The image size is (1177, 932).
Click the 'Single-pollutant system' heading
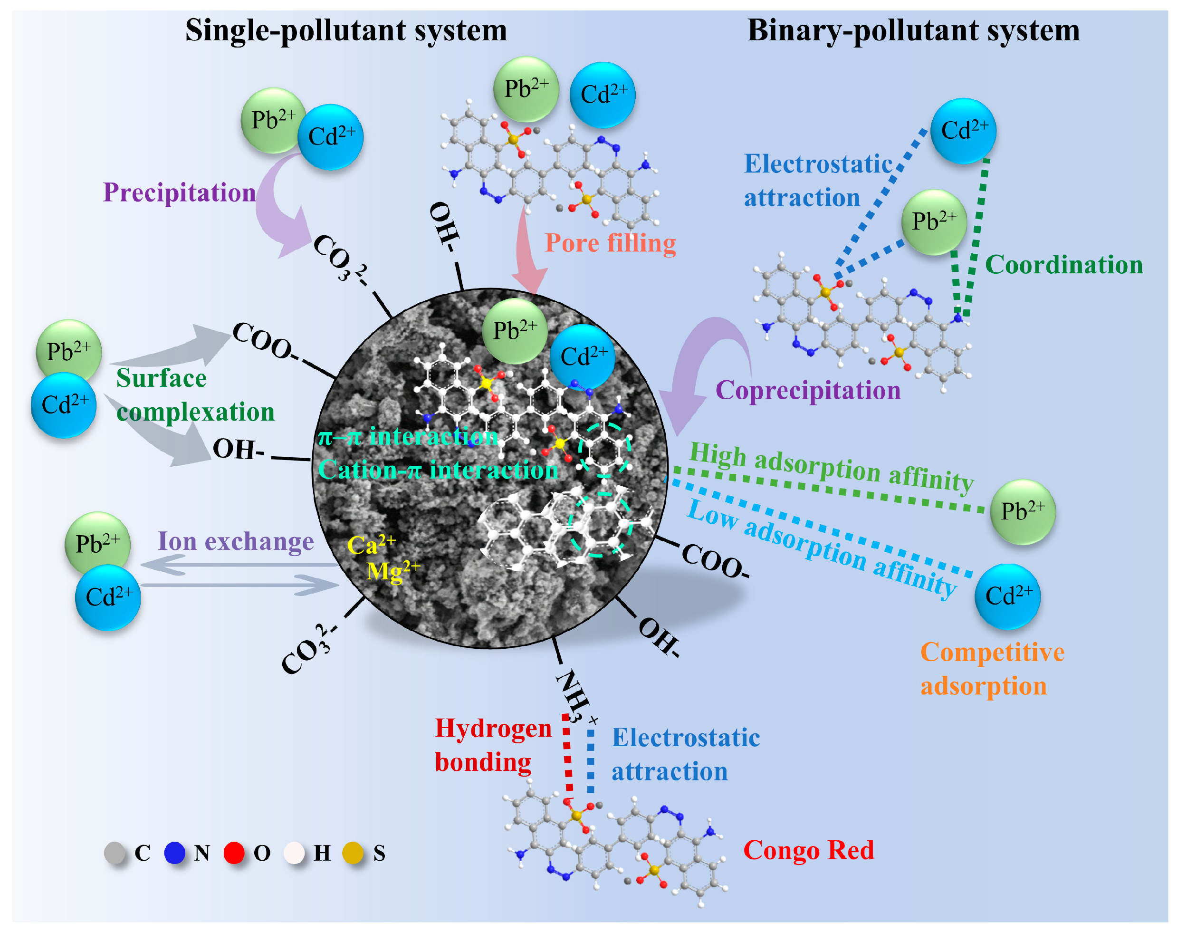coord(346,30)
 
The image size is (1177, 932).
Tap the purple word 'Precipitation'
coord(180,192)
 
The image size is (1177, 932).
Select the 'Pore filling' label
coord(610,243)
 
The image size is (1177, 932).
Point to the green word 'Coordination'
coord(1063,265)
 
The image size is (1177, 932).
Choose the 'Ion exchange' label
coord(236,541)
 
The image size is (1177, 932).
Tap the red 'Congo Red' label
coord(808,850)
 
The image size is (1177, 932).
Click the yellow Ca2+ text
coord(371,545)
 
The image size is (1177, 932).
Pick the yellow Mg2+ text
coord(392,571)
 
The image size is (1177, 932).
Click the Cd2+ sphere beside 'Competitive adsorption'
coord(1007,596)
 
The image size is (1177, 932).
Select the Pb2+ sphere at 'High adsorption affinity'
coord(1023,512)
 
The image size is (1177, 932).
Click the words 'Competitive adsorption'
coord(992,669)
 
